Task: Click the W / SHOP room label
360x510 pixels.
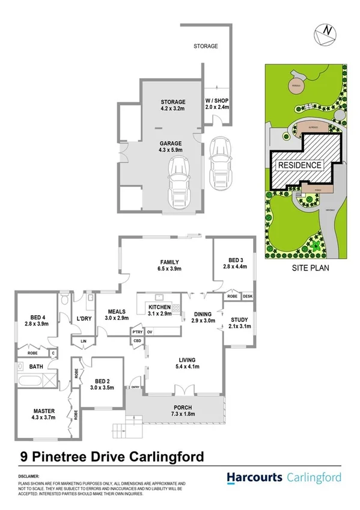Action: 217,103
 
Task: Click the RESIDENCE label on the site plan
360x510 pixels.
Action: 299,165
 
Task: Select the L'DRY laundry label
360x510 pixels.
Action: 83,319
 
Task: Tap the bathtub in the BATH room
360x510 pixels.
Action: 29,380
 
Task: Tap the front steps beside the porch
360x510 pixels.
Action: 120,430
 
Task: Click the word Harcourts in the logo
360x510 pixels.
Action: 255,478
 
